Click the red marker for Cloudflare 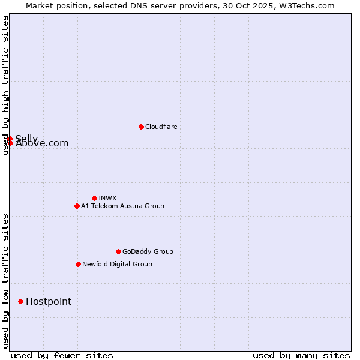pos(141,127)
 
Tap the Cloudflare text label pos(161,127)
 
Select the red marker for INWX pos(94,198)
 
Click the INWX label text pos(107,198)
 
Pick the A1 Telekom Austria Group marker pos(77,206)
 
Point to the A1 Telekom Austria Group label pos(122,206)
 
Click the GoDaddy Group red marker pos(118,251)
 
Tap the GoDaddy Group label pos(148,251)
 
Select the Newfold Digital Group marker pos(78,264)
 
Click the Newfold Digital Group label pos(117,264)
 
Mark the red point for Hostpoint pos(20,301)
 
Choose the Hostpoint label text pos(49,301)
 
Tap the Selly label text pos(26,138)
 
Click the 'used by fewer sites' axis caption pos(62,355)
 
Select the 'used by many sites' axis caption pos(301,355)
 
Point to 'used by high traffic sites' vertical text pos(5,85)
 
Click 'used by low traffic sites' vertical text pos(5,281)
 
